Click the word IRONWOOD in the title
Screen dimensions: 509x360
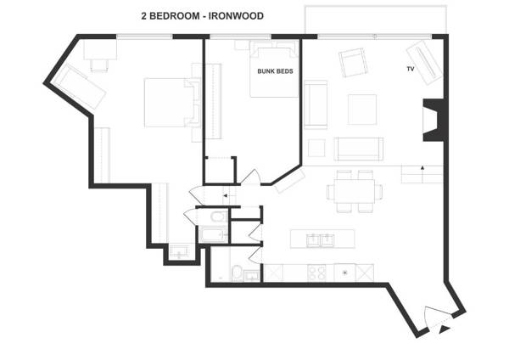click(236, 16)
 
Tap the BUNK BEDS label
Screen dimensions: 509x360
click(275, 71)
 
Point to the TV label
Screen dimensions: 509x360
click(411, 69)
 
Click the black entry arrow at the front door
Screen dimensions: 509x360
click(444, 329)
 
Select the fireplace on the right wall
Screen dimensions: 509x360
click(433, 121)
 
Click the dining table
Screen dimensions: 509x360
click(355, 191)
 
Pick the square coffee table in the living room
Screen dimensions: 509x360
click(362, 110)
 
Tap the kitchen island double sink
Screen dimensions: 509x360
click(320, 240)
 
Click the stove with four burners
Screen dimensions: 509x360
click(316, 273)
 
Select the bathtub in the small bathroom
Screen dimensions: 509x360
click(213, 234)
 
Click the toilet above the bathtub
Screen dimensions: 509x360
click(219, 217)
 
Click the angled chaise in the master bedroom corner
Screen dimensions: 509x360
click(80, 87)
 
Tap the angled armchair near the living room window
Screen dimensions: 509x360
click(353, 62)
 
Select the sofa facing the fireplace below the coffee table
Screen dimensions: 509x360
click(358, 149)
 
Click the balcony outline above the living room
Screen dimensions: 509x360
click(376, 6)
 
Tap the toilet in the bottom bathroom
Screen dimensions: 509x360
click(237, 273)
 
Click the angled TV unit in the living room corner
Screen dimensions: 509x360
click(424, 62)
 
